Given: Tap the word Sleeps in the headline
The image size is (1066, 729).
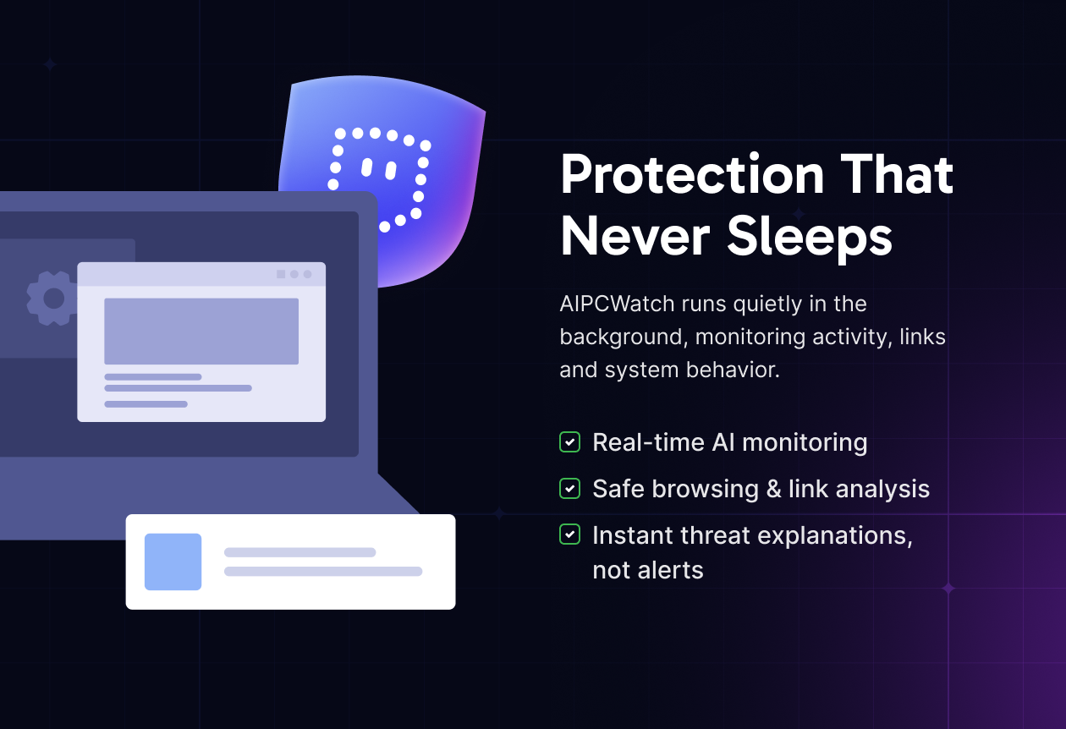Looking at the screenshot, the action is pos(810,237).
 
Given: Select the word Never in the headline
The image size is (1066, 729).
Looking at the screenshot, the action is pos(635,236).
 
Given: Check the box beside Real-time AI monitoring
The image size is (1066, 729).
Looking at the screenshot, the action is pos(569,442).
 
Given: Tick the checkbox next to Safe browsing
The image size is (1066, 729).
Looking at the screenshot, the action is pos(569,488).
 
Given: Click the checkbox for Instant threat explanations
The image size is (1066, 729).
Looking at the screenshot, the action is pos(569,534).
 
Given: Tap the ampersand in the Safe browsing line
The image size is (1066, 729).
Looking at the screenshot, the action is pos(774,489).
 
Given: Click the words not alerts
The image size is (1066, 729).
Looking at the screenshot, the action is pos(648,570).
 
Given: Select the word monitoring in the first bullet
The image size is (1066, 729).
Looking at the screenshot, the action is pos(805,443).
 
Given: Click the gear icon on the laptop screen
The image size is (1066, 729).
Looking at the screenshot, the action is pos(52,299).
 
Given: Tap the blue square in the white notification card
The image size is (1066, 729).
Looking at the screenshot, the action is pos(173,562).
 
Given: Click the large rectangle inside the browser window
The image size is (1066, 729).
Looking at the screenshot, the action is pos(201,332).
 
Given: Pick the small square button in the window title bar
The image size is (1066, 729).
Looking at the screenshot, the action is pos(281,274).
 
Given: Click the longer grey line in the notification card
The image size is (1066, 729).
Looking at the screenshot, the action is pos(323,571).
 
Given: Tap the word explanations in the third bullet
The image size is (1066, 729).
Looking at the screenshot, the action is pos(835,536).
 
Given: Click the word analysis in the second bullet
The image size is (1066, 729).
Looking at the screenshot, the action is pos(882,490).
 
